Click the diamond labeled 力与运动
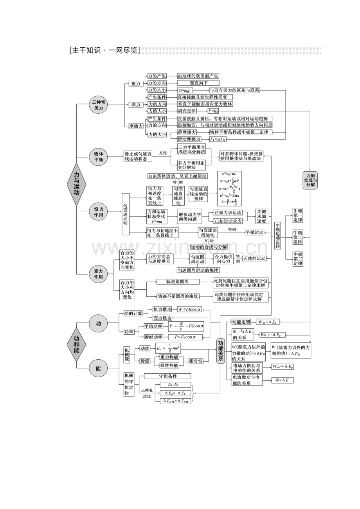(x=76, y=184)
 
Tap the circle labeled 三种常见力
(x=98, y=105)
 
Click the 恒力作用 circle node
(x=98, y=212)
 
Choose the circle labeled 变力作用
(x=98, y=274)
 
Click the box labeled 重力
(x=135, y=84)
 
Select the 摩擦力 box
(x=136, y=126)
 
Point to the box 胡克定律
(x=187, y=111)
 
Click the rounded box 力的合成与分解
(x=310, y=180)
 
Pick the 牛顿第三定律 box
(x=298, y=259)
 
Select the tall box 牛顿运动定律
(x=277, y=235)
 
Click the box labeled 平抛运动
(x=254, y=232)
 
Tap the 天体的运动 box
(x=255, y=258)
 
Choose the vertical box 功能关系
(x=221, y=350)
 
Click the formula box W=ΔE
(x=283, y=380)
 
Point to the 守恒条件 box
(x=167, y=376)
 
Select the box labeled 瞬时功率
(x=153, y=337)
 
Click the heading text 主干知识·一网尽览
(x=104, y=50)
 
